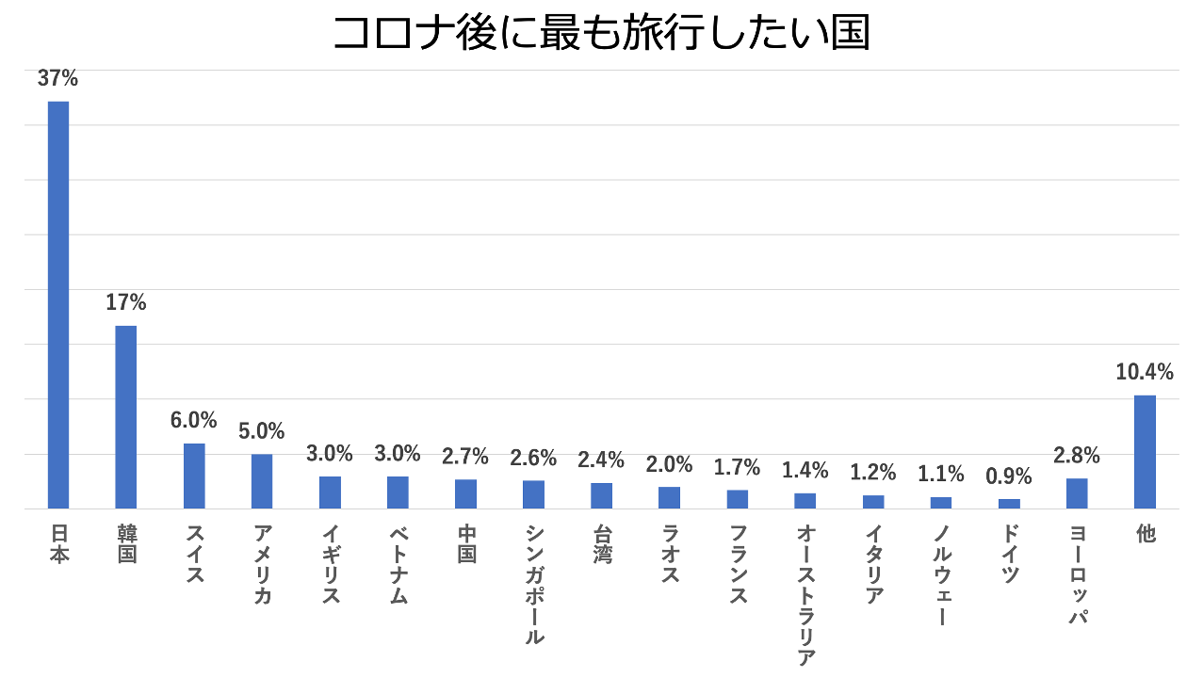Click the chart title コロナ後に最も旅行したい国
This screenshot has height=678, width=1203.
pyautogui.click(x=601, y=34)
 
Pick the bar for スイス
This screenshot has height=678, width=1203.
pyautogui.click(x=194, y=476)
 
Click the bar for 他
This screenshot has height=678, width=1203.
pyautogui.click(x=1145, y=451)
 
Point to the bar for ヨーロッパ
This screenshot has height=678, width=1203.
pyautogui.click(x=1077, y=493)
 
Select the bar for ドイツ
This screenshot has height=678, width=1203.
pyautogui.click(x=1009, y=504)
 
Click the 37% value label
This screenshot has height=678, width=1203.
pyautogui.click(x=58, y=79)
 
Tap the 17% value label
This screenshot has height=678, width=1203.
pyautogui.click(x=126, y=303)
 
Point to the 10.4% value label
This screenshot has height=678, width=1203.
pyautogui.click(x=1145, y=372)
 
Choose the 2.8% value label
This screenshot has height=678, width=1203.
pyautogui.click(x=1077, y=457)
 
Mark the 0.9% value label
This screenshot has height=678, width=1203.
pyautogui.click(x=1009, y=476)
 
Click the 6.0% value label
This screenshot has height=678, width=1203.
pyautogui.click(x=194, y=421)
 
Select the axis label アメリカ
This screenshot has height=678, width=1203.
pyautogui.click(x=263, y=565)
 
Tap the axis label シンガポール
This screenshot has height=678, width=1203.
pyautogui.click(x=534, y=584)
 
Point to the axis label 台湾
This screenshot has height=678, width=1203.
pyautogui.click(x=602, y=544)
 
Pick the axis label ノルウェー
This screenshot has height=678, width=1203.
pyautogui.click(x=941, y=574)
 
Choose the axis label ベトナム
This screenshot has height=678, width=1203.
pyautogui.click(x=398, y=565)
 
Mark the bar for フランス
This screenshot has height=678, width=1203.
pyautogui.click(x=738, y=499)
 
